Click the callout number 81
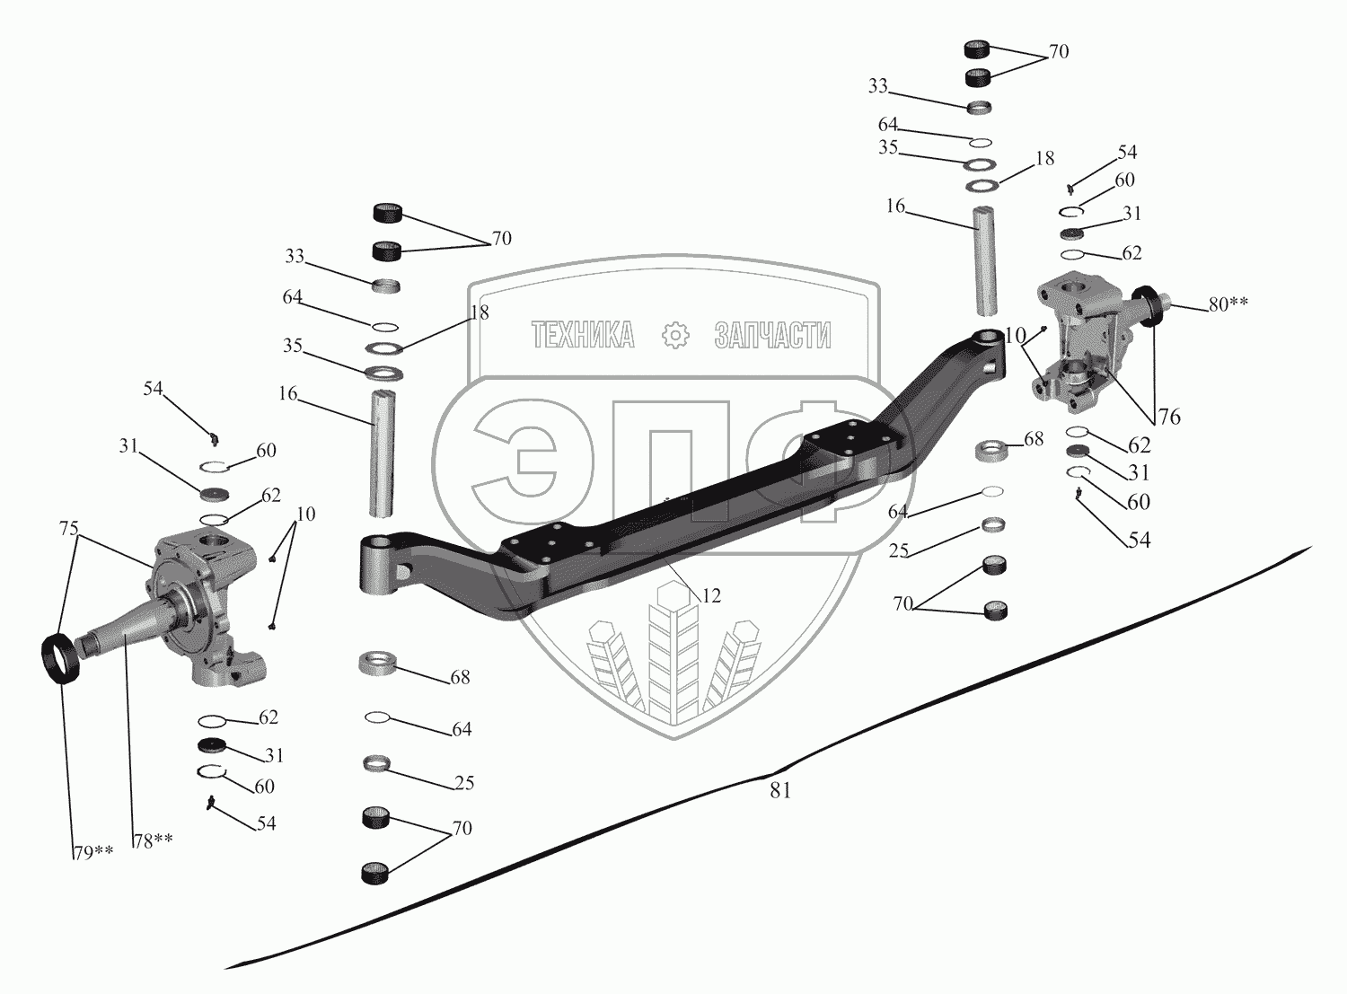pos(779,791)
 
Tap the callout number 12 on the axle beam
pos(710,595)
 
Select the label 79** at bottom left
pos(93,853)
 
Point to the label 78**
pos(153,840)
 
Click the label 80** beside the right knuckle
pos(1228,304)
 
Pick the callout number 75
pos(69,529)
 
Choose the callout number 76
pos(1168,417)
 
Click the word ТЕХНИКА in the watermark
pos(583,336)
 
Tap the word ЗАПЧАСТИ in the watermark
pos(772,336)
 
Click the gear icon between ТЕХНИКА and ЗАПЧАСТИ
pos(673,336)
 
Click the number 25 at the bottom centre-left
pos(463,783)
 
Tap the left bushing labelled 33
pos(386,286)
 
